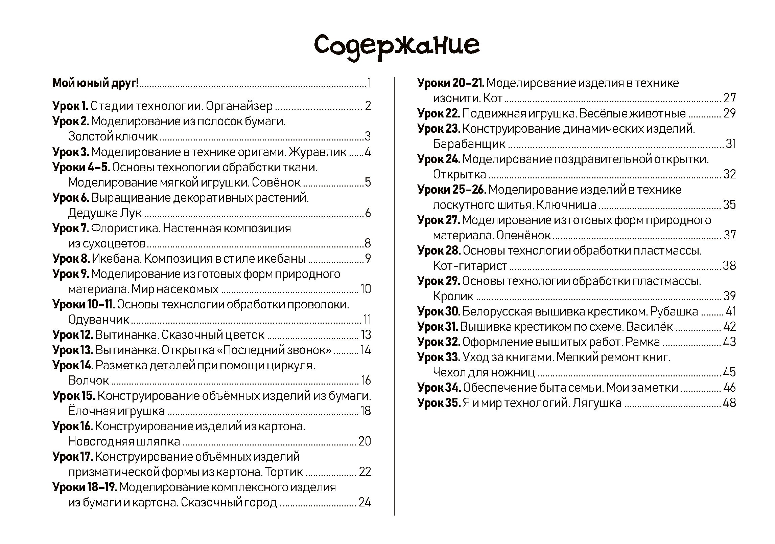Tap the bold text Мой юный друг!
pos(96,83)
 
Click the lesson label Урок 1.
pos(70,106)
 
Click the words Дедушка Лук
pos(105,213)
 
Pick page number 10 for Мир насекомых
pos(366,289)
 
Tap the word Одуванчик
pos(98,320)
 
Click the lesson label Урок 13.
pos(73,350)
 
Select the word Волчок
pos(88,380)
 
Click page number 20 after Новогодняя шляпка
pos(365,441)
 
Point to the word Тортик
pos(284,472)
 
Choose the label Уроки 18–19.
pos(85,487)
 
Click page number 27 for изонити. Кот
pos(730,98)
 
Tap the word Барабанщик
pos(469,144)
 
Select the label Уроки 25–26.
pos(452,190)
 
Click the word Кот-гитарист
pos(470,266)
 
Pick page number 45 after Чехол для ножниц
pos(729,372)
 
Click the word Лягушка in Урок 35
pos(597,403)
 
